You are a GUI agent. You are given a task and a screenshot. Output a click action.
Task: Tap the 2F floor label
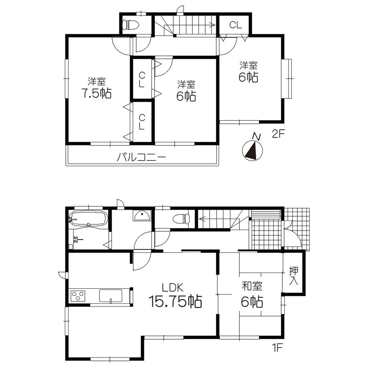tap(279, 134)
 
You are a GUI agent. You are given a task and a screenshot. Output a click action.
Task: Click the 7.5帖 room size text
tap(97, 93)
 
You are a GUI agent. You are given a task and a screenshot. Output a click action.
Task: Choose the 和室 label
tap(252, 287)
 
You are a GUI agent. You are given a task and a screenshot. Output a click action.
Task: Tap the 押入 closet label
tap(294, 277)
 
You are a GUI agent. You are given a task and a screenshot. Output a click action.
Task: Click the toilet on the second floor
tap(131, 25)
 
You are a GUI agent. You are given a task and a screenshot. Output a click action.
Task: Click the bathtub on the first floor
tap(88, 219)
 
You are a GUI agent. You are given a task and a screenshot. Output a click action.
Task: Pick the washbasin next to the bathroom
tap(142, 216)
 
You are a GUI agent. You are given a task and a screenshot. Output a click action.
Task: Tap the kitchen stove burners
tap(78, 296)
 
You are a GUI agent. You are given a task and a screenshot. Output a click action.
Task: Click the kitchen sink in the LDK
tap(110, 296)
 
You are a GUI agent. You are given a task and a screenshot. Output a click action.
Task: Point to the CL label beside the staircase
tap(235, 25)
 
